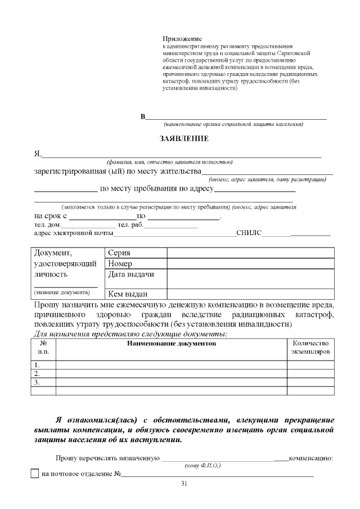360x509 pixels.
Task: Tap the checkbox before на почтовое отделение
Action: (x=34, y=474)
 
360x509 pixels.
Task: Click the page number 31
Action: (x=184, y=484)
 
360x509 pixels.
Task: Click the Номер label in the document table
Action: (x=120, y=264)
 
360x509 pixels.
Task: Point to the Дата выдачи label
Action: (x=130, y=274)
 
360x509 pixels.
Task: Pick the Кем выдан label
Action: (x=128, y=293)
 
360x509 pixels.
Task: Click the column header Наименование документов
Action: (x=172, y=343)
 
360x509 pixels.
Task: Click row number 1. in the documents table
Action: (x=37, y=364)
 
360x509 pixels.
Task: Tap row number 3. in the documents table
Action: (x=37, y=382)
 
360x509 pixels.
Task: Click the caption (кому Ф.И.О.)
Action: (x=202, y=466)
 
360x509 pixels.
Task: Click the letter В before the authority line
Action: (x=143, y=116)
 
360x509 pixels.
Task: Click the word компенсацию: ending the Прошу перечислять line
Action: (x=311, y=458)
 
